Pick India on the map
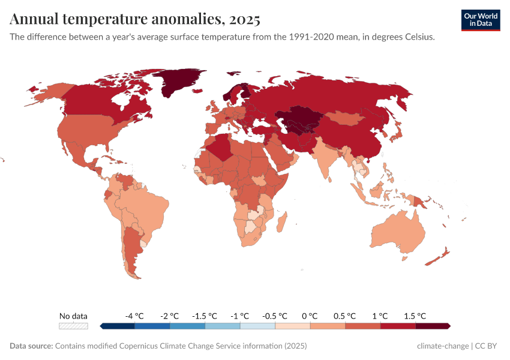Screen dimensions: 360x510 tap(328, 159)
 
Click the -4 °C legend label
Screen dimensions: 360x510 tap(134, 316)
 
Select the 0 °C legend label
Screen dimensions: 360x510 tap(310, 316)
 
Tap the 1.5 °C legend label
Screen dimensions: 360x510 tap(415, 316)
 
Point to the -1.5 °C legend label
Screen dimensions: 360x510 tap(204, 316)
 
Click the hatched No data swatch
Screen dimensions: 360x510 tap(73, 326)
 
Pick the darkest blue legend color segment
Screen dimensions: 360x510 tap(118, 326)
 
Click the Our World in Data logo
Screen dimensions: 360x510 tap(480, 20)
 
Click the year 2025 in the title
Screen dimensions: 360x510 tap(244, 20)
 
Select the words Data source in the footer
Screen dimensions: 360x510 tap(31, 346)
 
